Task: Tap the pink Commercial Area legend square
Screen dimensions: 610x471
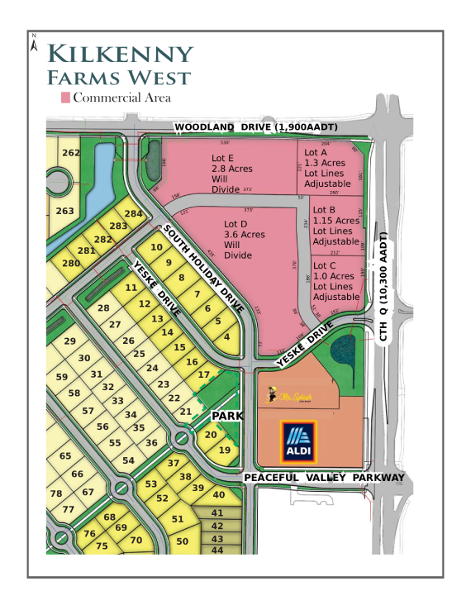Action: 65,98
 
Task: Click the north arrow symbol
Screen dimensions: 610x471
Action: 33,43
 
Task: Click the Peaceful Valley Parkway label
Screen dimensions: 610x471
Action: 323,478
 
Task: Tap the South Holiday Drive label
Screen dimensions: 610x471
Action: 203,267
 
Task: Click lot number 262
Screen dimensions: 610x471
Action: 71,152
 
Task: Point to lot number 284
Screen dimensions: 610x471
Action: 134,214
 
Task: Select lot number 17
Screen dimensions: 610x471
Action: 203,374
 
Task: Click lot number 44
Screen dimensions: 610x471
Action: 218,550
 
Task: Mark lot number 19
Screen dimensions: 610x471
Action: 224,450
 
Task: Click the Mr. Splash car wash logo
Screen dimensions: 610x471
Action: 288,396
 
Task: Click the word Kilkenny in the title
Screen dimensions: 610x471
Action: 121,55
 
